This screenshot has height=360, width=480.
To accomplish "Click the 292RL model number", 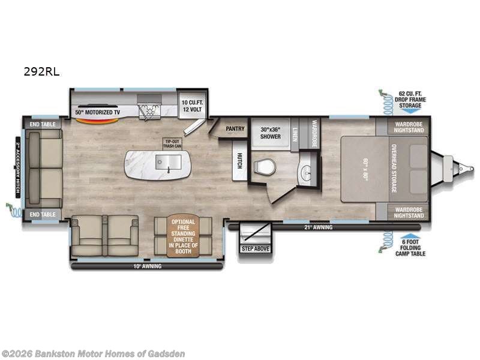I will (x=41, y=71).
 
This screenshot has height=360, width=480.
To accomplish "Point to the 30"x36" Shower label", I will (x=271, y=133).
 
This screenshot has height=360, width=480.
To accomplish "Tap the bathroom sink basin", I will (x=307, y=170).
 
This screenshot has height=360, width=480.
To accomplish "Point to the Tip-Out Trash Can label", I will (x=172, y=143).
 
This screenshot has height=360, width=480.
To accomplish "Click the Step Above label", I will (x=256, y=248).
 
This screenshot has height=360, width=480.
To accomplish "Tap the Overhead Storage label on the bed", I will (x=394, y=169).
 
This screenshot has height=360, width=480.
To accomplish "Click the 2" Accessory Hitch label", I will (x=18, y=169).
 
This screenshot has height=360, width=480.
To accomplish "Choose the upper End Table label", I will (x=42, y=124).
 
